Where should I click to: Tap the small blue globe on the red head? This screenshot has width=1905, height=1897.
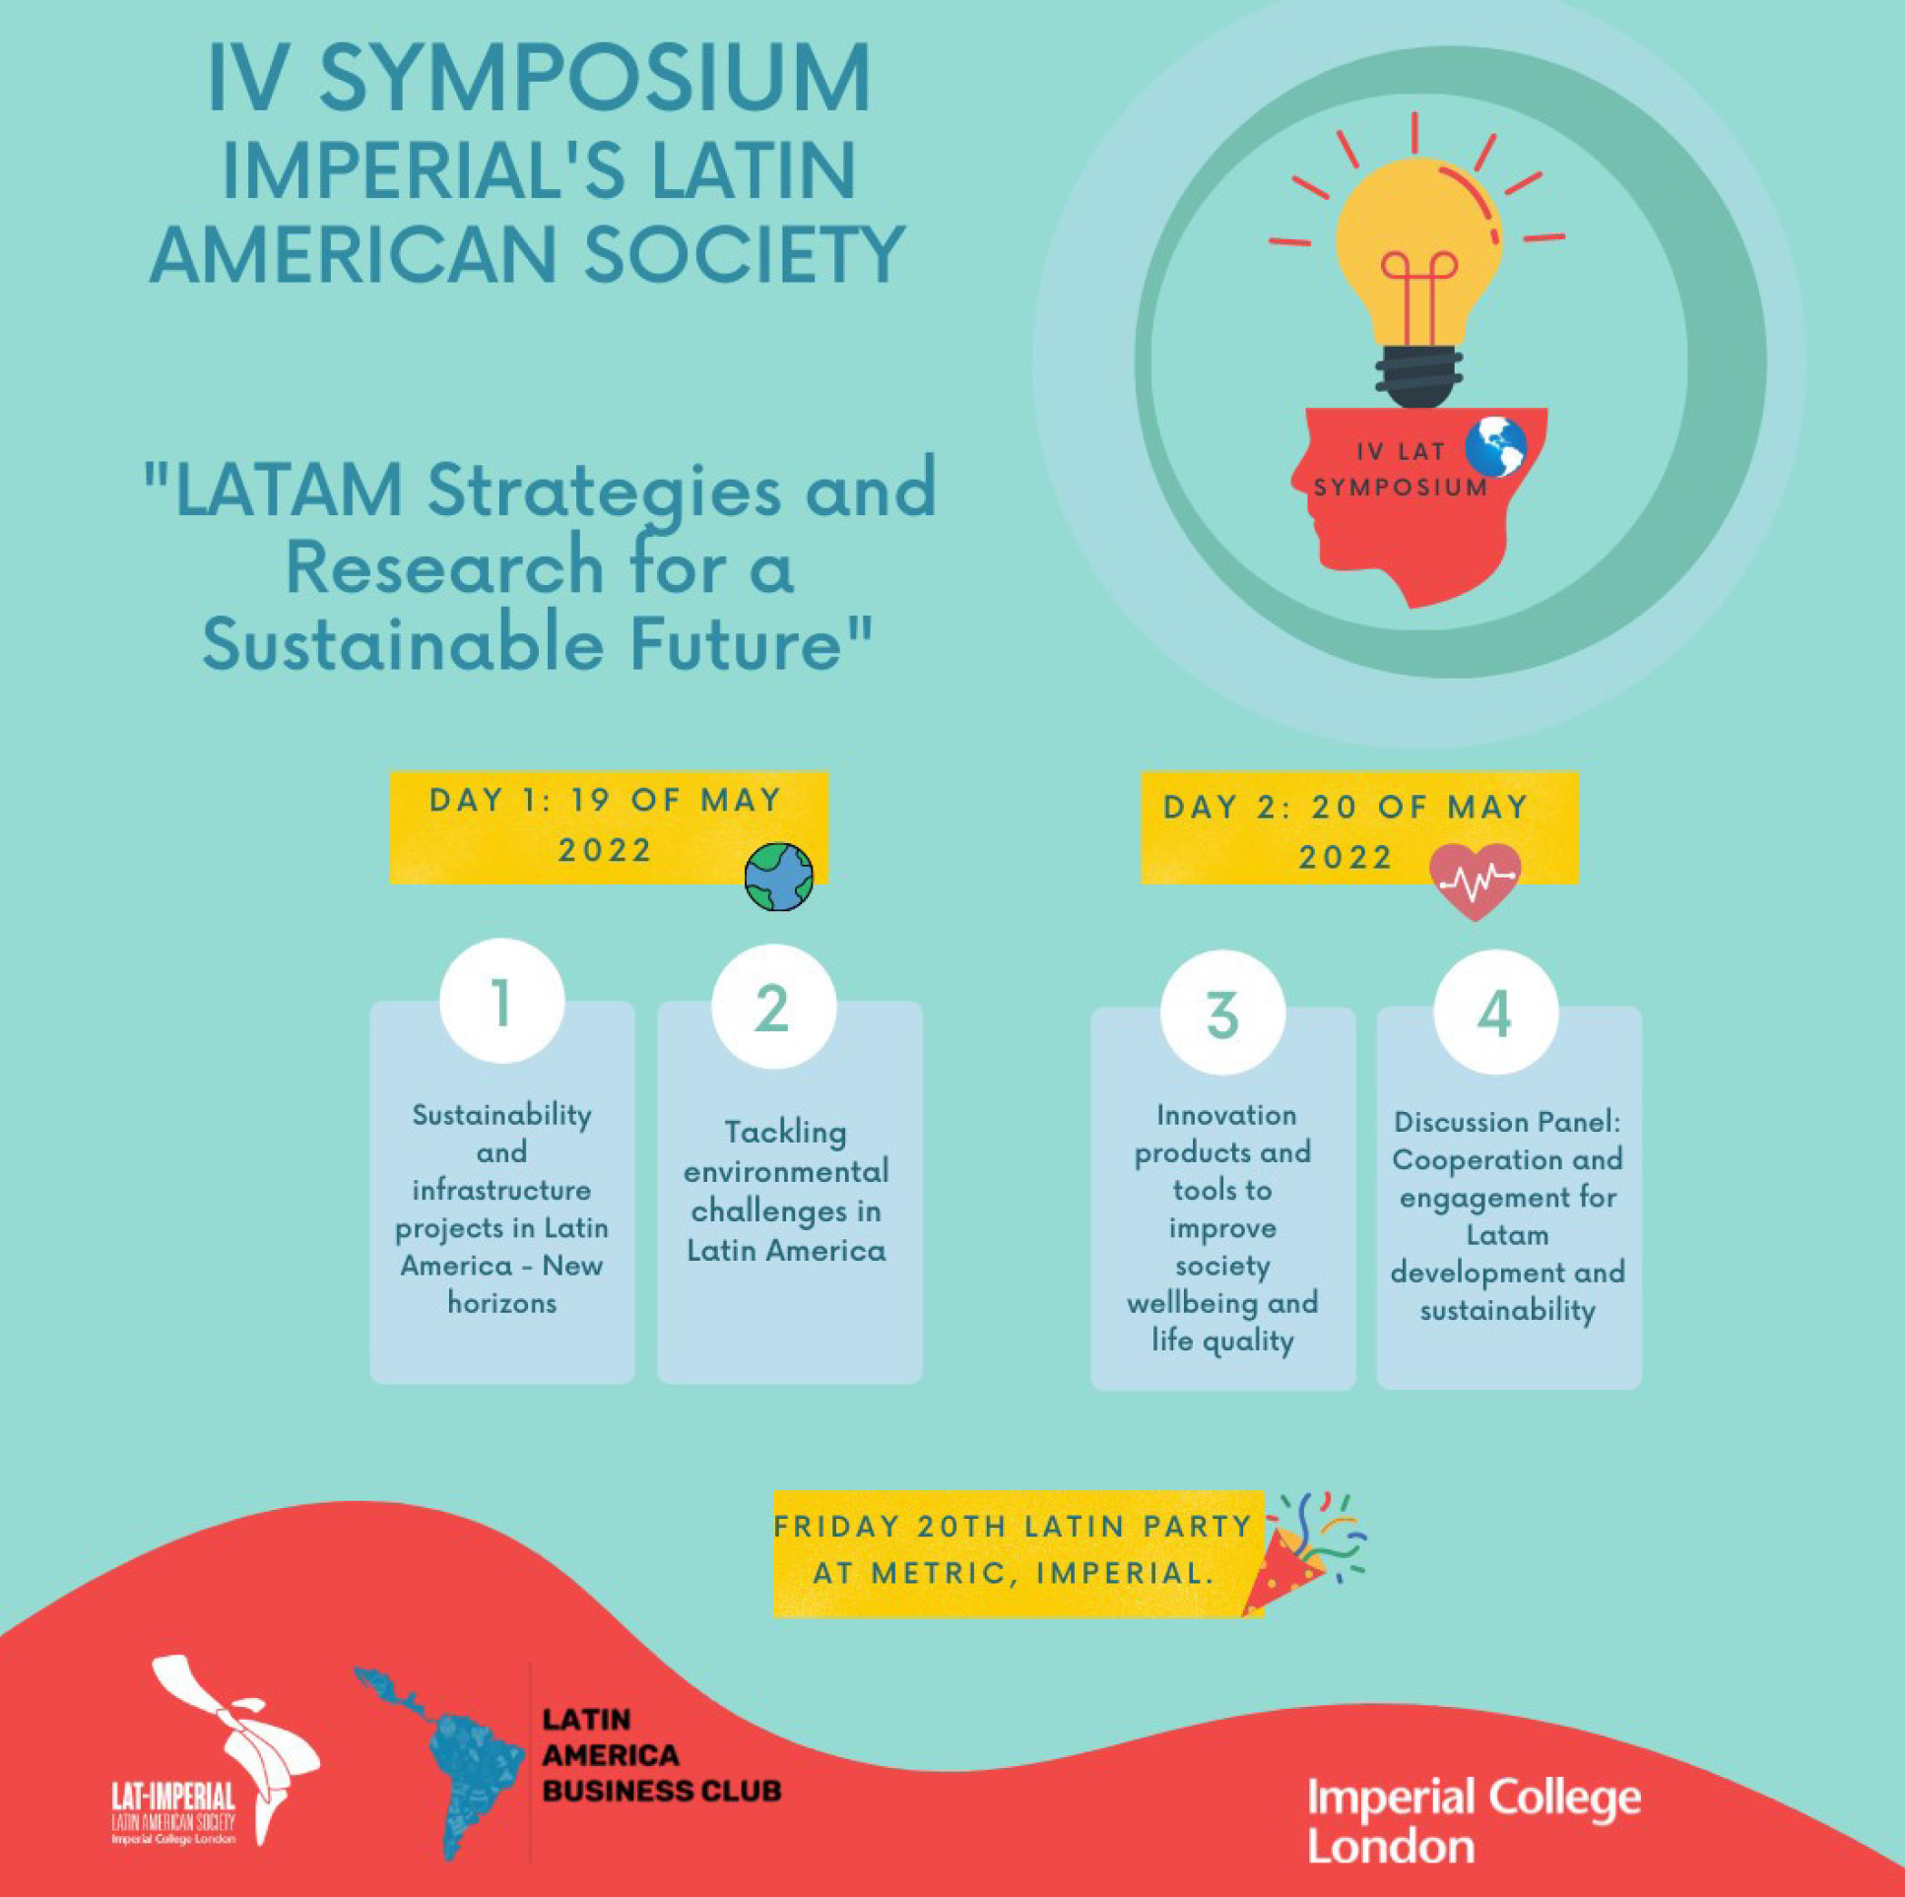[x=1495, y=446]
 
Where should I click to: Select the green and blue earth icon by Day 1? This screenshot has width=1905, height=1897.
[x=779, y=876]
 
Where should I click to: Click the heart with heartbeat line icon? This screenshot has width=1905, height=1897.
[x=1476, y=881]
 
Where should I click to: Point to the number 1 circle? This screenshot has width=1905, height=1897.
[x=502, y=1001]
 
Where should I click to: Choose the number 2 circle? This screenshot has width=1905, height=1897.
[x=774, y=1007]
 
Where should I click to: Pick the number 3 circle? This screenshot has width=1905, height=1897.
[x=1222, y=1013]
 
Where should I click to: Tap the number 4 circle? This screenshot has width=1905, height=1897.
[x=1496, y=1012]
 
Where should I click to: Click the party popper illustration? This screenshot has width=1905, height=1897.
[x=1301, y=1558]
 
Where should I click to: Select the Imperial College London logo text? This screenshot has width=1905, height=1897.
[x=1474, y=1820]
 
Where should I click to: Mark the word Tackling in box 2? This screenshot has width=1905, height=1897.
[x=785, y=1132]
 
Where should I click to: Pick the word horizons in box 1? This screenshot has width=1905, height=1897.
[x=502, y=1303]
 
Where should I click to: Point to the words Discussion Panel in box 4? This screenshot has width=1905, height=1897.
[x=1508, y=1122]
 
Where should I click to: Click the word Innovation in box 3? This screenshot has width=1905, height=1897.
[x=1225, y=1115]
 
